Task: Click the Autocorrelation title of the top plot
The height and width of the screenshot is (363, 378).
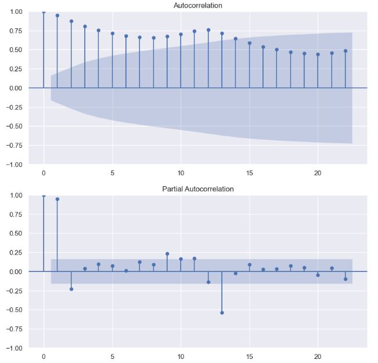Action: pos(197,5)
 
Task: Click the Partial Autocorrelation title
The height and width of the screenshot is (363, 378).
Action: pos(197,189)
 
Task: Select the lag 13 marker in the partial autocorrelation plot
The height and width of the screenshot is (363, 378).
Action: pos(222,313)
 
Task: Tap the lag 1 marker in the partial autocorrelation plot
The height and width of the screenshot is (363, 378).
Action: pos(57,199)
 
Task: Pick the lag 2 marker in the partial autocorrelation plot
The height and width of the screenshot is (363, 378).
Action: pos(71,289)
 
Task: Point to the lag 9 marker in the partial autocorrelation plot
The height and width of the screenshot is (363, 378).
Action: pos(167,253)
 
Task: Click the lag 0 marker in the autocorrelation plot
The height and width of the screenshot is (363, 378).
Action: pos(44,12)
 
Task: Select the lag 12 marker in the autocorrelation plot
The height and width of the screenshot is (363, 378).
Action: pos(208,30)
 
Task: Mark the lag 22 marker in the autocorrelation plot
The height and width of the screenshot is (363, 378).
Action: pos(345,51)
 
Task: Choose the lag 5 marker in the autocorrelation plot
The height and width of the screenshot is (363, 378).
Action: pos(113,34)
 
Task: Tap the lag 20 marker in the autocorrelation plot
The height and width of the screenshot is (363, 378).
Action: pos(318,55)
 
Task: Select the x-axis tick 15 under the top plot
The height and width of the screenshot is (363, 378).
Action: pos(249,173)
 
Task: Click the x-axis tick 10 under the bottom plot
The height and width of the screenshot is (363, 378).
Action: pos(181,357)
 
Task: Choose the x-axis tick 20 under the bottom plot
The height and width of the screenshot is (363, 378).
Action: pos(318,357)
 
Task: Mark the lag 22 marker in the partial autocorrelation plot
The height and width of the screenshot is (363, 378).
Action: pos(345,279)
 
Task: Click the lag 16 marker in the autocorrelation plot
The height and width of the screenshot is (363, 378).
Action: pos(263,47)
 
